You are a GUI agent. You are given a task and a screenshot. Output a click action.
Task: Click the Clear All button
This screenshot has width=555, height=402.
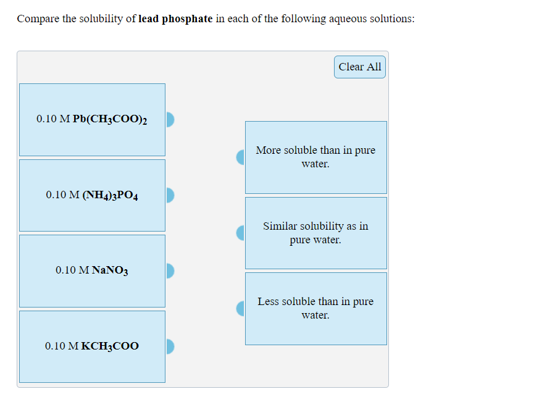click(360, 67)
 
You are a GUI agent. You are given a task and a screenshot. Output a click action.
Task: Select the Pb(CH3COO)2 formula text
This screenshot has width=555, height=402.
click(110, 119)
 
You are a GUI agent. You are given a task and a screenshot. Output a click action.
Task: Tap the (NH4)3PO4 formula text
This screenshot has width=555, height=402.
click(110, 195)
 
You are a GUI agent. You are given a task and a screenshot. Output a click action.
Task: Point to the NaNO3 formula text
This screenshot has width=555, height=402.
click(110, 270)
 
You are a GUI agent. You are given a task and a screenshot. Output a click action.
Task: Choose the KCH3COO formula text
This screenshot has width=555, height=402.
click(110, 346)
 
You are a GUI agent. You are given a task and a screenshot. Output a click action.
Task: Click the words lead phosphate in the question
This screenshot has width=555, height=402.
click(176, 19)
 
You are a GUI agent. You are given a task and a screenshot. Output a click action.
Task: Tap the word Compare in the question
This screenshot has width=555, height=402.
click(38, 19)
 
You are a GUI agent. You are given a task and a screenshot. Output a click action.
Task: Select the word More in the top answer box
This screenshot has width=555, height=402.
click(269, 150)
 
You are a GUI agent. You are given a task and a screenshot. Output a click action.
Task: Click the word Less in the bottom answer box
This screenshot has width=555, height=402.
click(268, 301)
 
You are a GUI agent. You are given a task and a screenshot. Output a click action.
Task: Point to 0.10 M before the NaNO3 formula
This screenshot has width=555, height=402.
click(72, 270)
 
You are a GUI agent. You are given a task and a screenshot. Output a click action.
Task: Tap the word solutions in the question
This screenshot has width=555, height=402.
click(393, 19)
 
